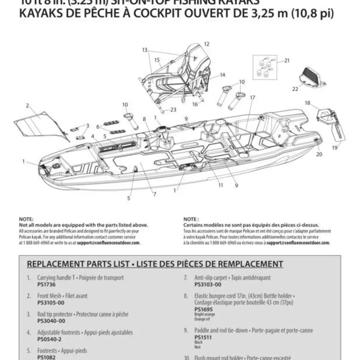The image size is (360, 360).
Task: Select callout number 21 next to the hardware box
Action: pos(287,60)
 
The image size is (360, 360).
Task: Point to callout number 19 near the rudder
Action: pos(335,147)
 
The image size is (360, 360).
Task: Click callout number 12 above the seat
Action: pos(206,44)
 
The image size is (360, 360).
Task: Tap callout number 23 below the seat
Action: pos(173,109)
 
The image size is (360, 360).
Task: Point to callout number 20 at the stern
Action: pos(319,154)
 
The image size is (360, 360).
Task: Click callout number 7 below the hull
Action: pos(154,194)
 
